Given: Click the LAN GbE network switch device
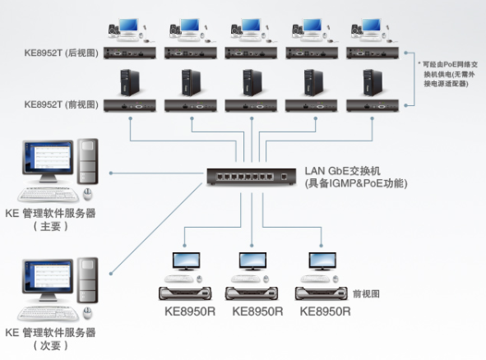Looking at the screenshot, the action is tap(252, 177).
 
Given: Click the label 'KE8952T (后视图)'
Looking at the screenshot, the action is tap(62, 53).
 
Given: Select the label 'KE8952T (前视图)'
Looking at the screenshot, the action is tap(62, 104).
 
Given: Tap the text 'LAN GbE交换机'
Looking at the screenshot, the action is tap(342, 171).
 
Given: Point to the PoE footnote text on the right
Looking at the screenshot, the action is tap(448, 74).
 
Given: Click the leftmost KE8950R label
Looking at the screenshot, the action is tap(190, 312).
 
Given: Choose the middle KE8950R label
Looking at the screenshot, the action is tap(257, 312).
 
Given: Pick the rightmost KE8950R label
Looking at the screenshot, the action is tap(325, 312).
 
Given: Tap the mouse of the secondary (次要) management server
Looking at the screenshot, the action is tap(88, 313).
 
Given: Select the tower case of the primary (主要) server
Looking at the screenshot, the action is tap(88, 161).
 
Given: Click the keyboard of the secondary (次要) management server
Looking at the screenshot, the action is tap(48, 313).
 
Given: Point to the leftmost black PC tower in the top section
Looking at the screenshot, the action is tap(130, 83).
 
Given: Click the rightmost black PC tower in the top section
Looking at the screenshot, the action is tap(373, 83).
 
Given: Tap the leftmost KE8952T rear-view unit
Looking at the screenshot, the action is tap(130, 53).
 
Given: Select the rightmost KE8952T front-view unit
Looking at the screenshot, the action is tap(373, 106).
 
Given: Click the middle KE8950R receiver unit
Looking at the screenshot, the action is tap(252, 293).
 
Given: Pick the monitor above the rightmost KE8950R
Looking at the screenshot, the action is tap(322, 262).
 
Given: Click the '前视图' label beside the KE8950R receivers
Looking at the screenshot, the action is tap(366, 293).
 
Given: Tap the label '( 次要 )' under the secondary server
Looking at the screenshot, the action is tap(50, 345).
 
